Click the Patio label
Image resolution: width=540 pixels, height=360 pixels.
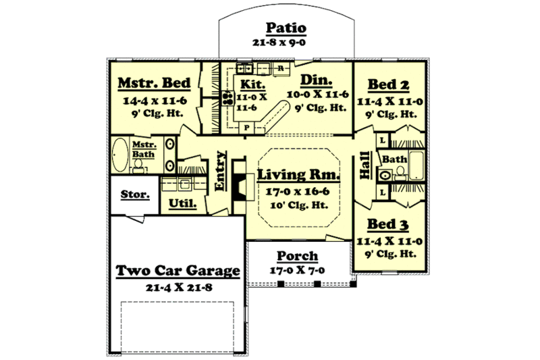pyautogui.click(x=286, y=28)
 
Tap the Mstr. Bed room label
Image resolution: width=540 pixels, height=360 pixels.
pyautogui.click(x=155, y=83)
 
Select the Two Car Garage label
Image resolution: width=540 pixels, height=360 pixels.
pyautogui.click(x=178, y=271)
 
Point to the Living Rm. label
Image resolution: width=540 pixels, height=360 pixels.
pyautogui.click(x=298, y=176)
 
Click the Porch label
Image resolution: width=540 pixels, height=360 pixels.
pyautogui.click(x=298, y=257)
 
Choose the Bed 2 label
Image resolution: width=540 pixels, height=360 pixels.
pyautogui.click(x=388, y=84)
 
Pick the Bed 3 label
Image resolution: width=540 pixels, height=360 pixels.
pyautogui.click(x=388, y=224)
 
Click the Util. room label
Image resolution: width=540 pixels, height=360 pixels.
pyautogui.click(x=182, y=203)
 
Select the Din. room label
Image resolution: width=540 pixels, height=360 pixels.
pyautogui.click(x=315, y=80)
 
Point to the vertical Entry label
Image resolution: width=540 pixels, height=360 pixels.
pyautogui.click(x=219, y=173)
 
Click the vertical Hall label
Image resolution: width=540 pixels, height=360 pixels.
pyautogui.click(x=365, y=166)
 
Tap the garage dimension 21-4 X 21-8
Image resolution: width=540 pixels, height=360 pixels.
pyautogui.click(x=178, y=286)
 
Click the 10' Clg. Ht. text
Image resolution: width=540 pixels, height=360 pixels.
pyautogui.click(x=298, y=205)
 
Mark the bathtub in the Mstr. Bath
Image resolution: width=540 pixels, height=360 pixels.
pyautogui.click(x=120, y=156)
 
